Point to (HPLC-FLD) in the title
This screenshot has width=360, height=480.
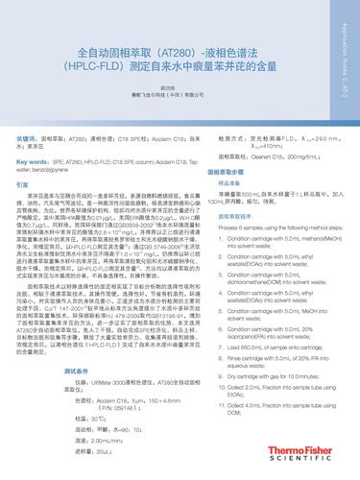click(x=95, y=69)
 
